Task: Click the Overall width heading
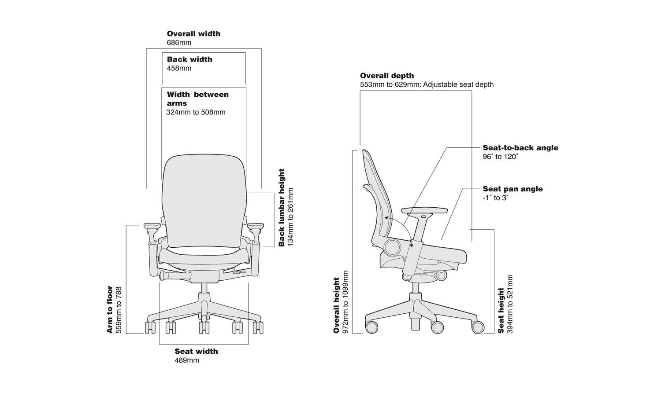pos(193,33)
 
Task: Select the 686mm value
pos(179,43)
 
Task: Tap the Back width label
pos(189,59)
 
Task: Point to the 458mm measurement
pos(179,68)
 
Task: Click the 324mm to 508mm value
pos(196,112)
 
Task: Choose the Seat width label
pos(196,351)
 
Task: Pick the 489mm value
pos(187,360)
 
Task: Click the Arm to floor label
pos(110,309)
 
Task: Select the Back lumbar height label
pos(282,207)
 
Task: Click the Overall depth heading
pos(387,76)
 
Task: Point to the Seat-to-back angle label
pos(520,148)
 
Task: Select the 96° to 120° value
pos(500,157)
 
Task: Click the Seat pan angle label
pos(512,189)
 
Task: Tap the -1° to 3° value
pos(495,198)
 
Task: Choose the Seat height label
pos(501,310)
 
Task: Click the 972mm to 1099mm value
pos(345,302)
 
